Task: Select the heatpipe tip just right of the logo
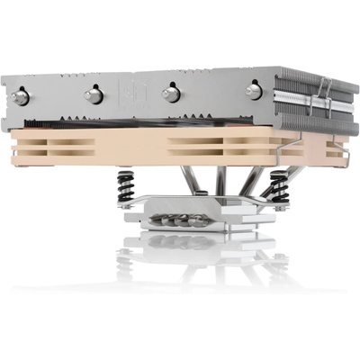167,94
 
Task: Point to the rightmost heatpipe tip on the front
254,89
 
